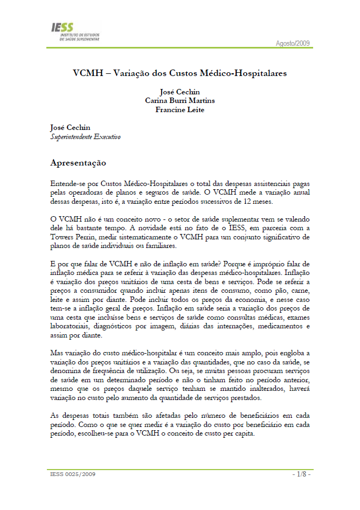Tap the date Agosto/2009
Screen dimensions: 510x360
point(293,43)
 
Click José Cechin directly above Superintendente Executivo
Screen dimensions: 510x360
point(70,128)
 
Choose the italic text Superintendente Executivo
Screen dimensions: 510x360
point(85,137)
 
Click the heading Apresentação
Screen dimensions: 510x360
point(78,162)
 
